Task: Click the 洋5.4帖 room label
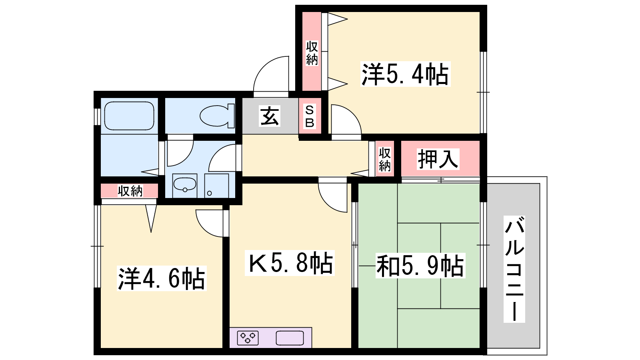405,74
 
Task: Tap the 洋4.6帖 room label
162,278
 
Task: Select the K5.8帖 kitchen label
290,263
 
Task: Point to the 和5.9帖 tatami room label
420,266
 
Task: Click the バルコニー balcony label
514,269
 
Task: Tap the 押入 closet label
438,159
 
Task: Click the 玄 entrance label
270,116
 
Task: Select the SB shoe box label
310,116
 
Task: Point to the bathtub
130,116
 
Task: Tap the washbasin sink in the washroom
185,185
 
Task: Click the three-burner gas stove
248,338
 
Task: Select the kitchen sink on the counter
290,338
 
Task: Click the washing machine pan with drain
216,186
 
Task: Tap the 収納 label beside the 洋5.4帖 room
312,53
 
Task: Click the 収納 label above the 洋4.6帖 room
130,191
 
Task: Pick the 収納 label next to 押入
384,160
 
